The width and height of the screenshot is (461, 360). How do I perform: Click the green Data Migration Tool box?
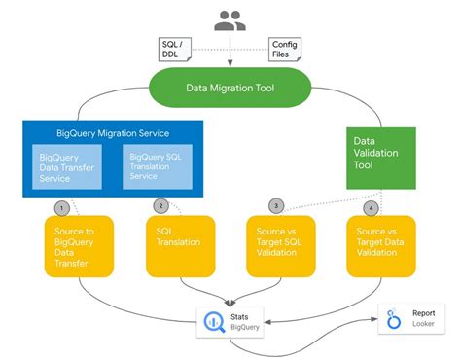230,88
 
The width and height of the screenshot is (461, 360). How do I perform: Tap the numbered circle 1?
60,207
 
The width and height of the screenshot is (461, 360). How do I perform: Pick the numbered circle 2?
162,206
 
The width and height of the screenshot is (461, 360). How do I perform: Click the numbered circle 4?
370,207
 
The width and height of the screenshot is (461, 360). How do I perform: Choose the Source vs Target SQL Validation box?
280,243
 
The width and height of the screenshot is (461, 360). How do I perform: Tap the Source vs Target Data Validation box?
381,243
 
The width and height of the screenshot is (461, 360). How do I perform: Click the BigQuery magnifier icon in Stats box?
215,320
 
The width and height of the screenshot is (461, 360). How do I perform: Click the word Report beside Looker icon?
423,314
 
